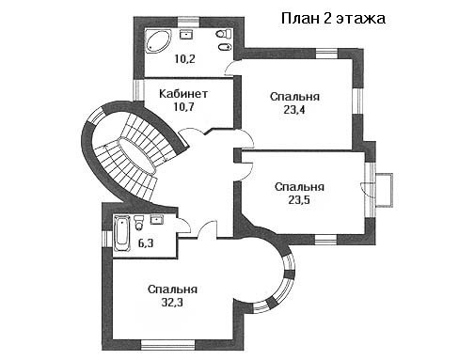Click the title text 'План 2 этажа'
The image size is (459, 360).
[333, 19]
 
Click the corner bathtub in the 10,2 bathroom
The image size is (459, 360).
[158, 41]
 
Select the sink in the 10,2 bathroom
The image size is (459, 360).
[186, 34]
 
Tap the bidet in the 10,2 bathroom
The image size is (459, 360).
[225, 47]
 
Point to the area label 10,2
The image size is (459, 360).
[184, 59]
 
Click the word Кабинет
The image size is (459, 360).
[183, 94]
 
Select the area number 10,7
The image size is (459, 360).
[184, 107]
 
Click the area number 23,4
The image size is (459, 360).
[294, 110]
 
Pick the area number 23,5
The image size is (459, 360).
[299, 200]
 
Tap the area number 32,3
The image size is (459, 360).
[172, 303]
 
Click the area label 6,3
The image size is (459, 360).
[146, 243]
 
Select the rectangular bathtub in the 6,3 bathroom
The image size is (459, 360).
[122, 233]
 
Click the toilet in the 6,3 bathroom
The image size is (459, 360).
[138, 223]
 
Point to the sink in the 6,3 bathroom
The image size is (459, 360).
[157, 219]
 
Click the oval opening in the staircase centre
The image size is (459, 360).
[136, 155]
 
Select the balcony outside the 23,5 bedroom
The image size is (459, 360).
[384, 190]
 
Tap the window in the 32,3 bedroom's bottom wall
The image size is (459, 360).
[168, 345]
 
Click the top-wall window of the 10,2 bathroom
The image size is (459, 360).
[189, 23]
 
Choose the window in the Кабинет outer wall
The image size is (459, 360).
[138, 90]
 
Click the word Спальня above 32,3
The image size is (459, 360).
[172, 290]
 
